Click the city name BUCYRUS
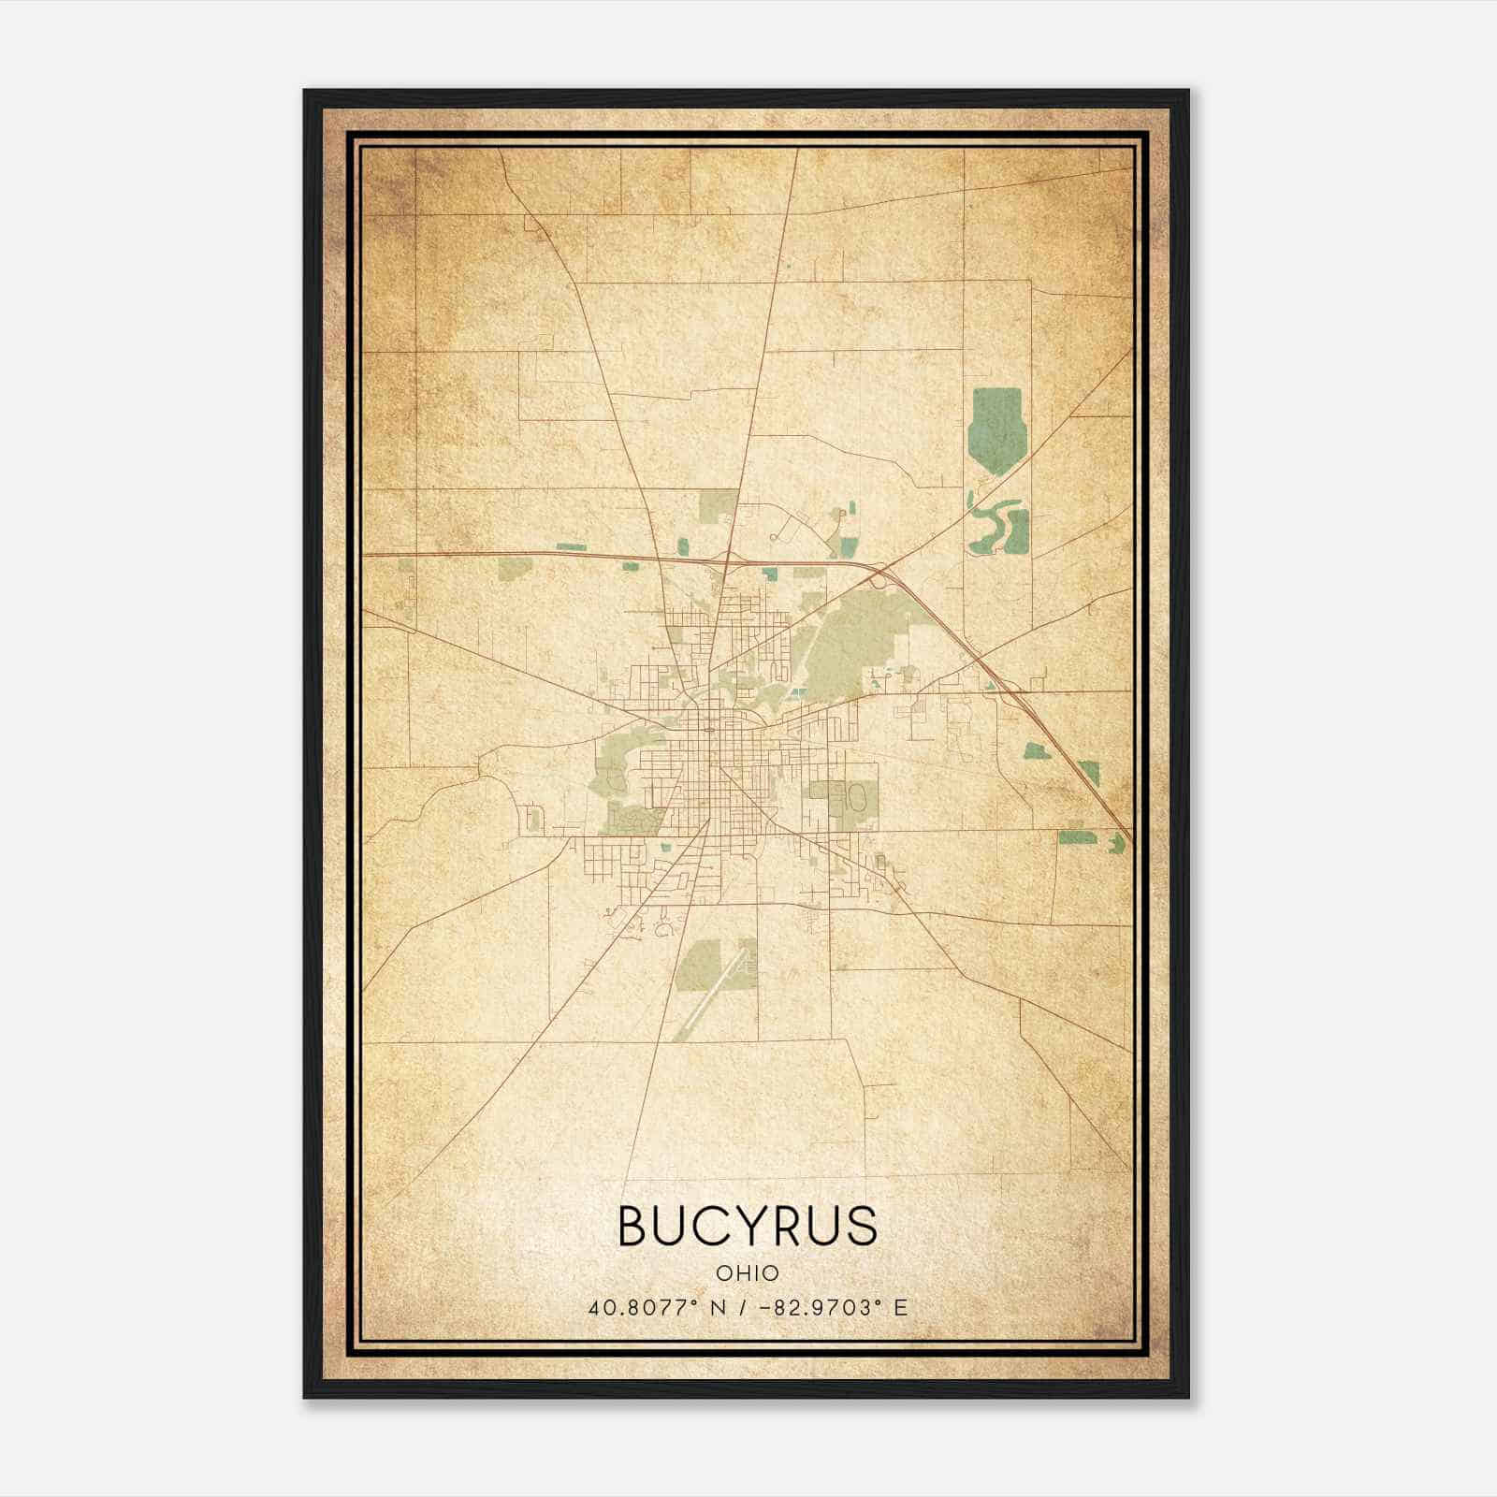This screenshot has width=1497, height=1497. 748,1226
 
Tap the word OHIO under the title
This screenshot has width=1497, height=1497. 748,1273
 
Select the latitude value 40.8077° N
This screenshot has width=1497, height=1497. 658,1307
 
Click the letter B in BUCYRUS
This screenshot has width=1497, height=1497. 633,1226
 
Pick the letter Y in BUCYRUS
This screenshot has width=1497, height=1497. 749,1226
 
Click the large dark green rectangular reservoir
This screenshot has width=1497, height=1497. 997,430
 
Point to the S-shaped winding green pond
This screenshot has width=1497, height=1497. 994,526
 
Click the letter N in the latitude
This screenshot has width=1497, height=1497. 719,1307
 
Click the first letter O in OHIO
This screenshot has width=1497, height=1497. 723,1273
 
